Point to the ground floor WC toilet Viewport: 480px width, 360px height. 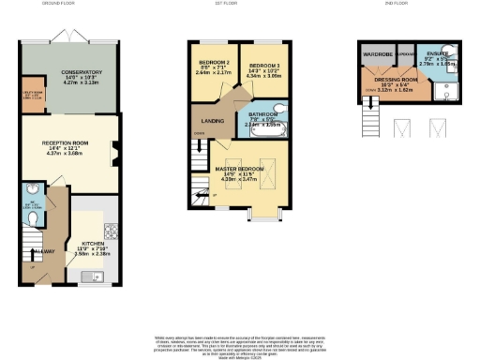pyautogui.click(x=32, y=217)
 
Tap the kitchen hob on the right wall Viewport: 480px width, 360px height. pyautogui.click(x=112, y=232)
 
